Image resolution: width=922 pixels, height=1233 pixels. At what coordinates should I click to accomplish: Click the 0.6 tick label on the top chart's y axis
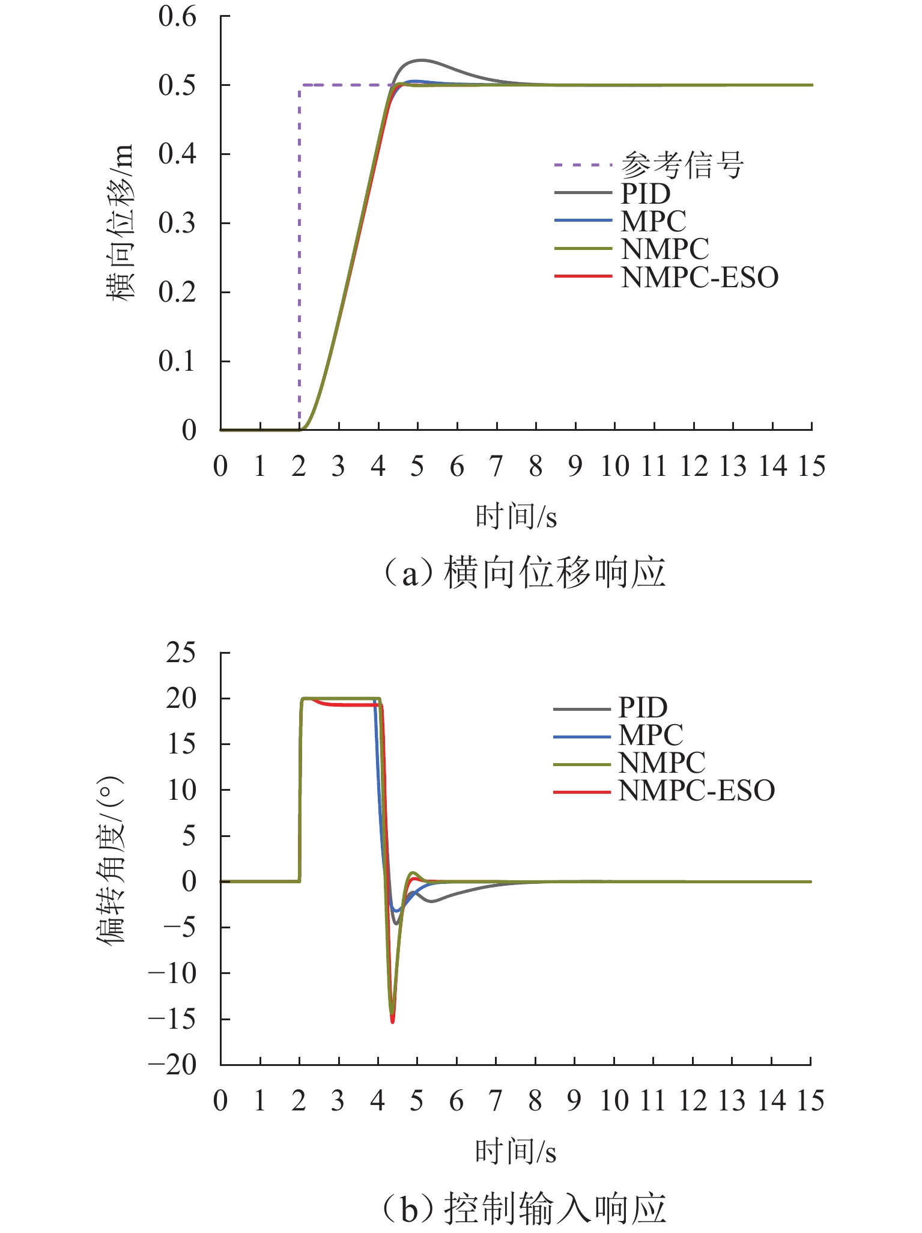pyautogui.click(x=177, y=17)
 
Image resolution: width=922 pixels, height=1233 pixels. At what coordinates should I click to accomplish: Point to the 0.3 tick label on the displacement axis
pyautogui.click(x=177, y=224)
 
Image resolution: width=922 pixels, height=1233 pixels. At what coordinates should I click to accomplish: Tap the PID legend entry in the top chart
pyautogui.click(x=645, y=193)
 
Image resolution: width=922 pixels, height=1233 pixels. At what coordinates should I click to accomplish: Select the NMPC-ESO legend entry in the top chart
pyautogui.click(x=700, y=277)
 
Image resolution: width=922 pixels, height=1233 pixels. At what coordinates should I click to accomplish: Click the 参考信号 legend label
pyautogui.click(x=682, y=165)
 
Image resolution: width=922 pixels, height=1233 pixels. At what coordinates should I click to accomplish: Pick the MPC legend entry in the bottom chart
pyautogui.click(x=651, y=735)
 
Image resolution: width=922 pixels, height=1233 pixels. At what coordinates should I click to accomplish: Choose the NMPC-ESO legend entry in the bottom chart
pyautogui.click(x=697, y=791)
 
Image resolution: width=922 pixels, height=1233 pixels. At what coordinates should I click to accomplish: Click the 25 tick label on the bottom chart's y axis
pyautogui.click(x=181, y=653)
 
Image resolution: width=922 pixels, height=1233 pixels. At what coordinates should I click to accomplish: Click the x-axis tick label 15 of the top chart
pyautogui.click(x=811, y=467)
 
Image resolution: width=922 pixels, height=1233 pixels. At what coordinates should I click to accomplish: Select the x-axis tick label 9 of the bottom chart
pyautogui.click(x=574, y=1101)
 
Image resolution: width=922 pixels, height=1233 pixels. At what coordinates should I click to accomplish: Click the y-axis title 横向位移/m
pyautogui.click(x=120, y=222)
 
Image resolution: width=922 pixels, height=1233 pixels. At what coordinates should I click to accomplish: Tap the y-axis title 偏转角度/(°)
pyautogui.click(x=111, y=859)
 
